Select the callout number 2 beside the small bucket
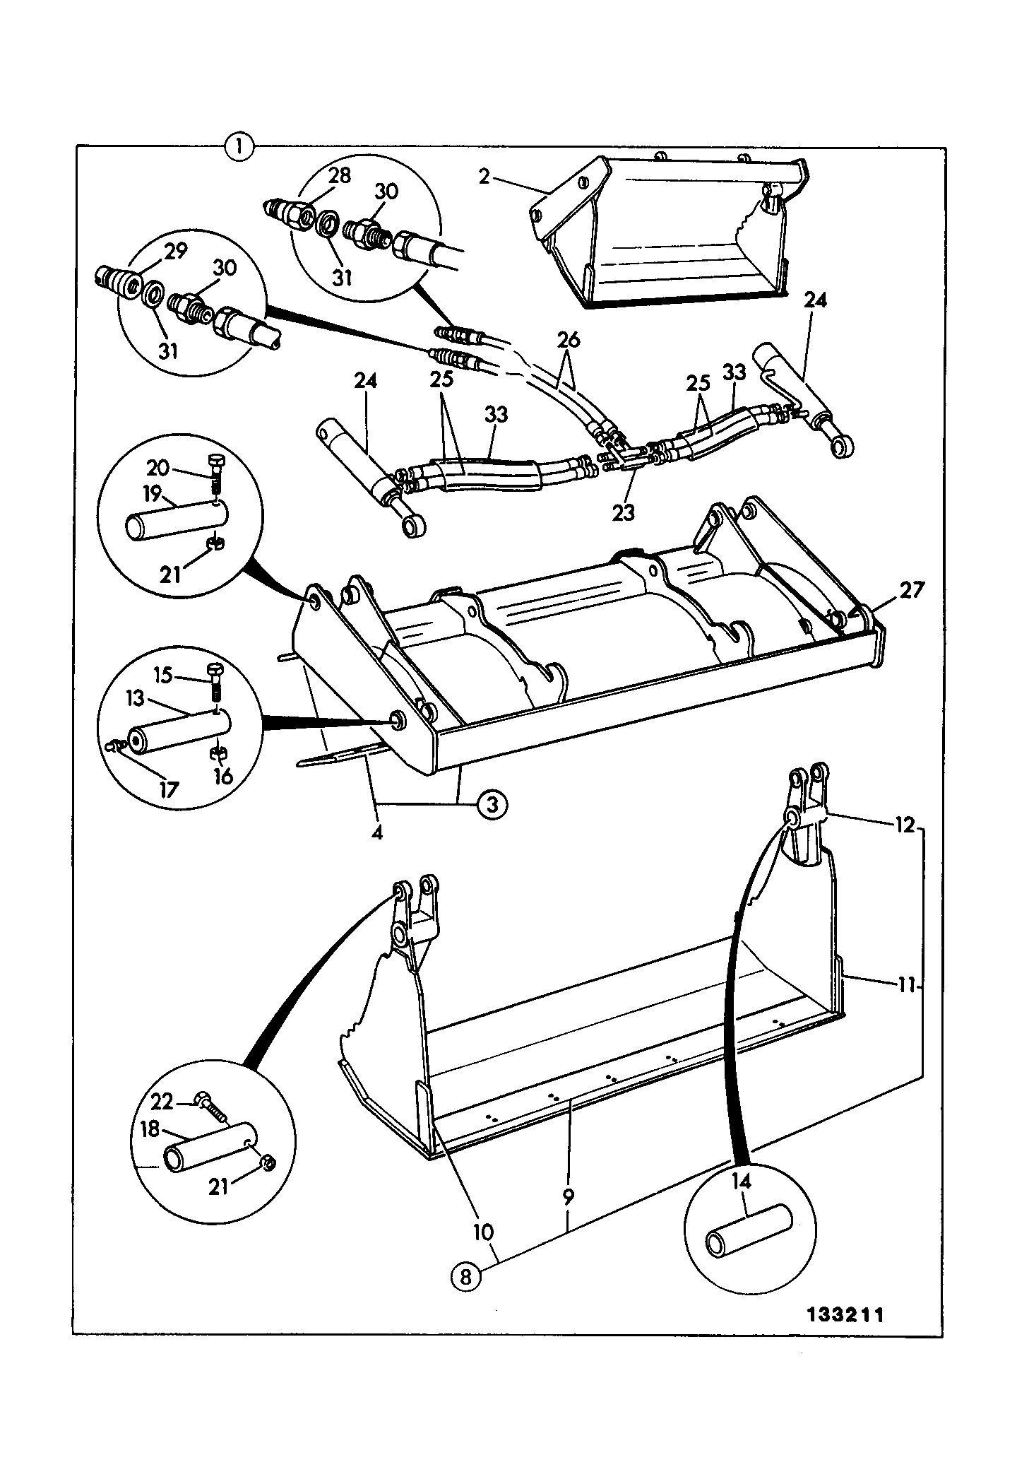484,176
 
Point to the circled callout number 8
465,1277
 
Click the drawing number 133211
845,1315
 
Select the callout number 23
624,513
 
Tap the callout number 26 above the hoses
569,340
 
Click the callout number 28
340,175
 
